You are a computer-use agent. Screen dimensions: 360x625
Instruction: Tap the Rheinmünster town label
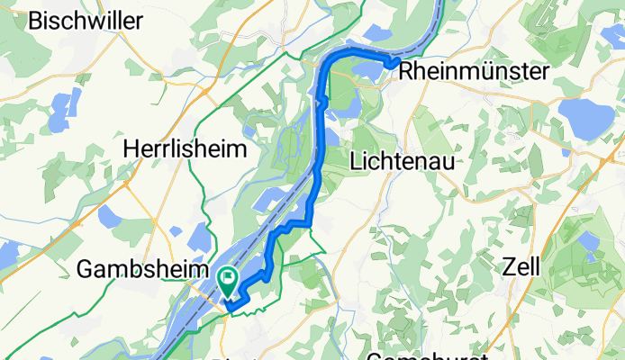click(462, 70)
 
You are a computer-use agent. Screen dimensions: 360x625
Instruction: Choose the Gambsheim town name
click(135, 268)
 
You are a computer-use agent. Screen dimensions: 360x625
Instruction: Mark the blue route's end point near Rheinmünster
click(394, 61)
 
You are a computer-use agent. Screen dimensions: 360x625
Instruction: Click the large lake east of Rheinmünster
click(586, 114)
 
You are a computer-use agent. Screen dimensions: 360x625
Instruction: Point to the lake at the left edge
click(7, 255)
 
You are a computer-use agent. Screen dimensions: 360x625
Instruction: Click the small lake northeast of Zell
click(590, 241)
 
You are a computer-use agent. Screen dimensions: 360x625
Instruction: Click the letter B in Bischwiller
click(36, 22)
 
